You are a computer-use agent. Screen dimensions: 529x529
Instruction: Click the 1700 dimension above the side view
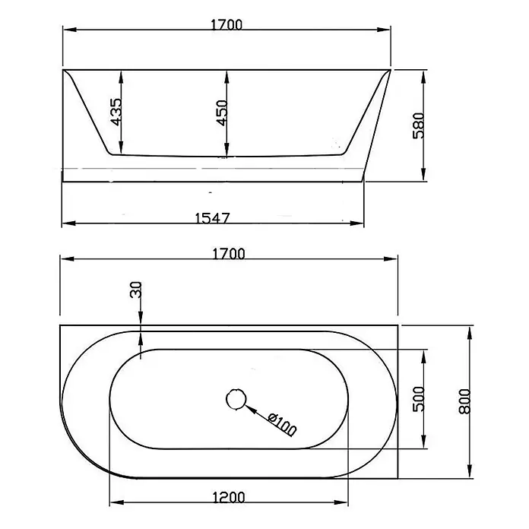[x=226, y=25]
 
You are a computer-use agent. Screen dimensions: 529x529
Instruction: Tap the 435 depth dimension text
[x=116, y=112]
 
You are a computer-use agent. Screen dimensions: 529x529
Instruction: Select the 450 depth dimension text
[x=222, y=113]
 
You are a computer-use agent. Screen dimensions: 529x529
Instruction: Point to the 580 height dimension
[x=418, y=125]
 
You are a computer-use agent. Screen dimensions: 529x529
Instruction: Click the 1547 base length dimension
[x=213, y=218]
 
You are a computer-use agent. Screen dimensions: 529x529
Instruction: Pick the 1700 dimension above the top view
[x=229, y=254]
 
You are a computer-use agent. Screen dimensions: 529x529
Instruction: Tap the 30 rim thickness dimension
[x=135, y=290]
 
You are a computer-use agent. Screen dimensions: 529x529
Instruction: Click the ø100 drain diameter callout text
[x=282, y=424]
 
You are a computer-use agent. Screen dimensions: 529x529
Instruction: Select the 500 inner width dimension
[x=419, y=399]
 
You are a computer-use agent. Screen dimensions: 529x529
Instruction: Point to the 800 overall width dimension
[x=464, y=401]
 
